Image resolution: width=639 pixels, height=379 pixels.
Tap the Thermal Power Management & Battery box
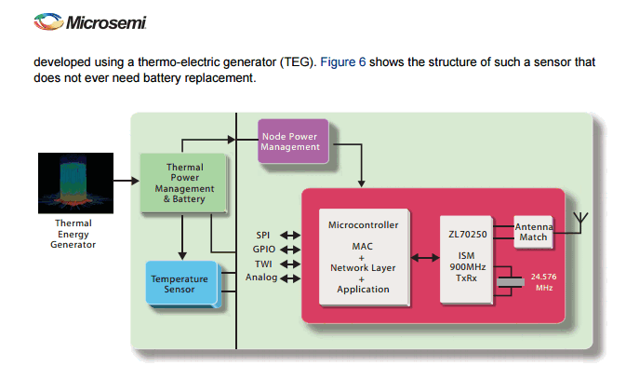coord(183,183)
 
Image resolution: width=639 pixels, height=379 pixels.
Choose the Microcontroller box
coord(364,256)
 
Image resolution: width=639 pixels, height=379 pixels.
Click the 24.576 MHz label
coord(543,282)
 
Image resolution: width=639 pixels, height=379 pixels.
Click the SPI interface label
coord(262,235)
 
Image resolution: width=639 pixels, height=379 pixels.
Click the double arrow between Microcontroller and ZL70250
coord(425,257)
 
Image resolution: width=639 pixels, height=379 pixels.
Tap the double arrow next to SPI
coord(289,236)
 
